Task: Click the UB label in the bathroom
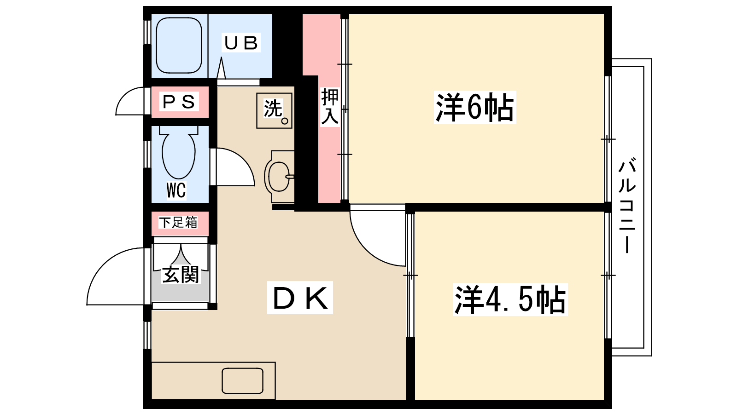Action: click(241, 43)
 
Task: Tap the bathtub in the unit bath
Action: click(179, 45)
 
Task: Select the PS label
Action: click(179, 102)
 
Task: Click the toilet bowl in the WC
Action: click(179, 155)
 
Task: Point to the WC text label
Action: click(176, 190)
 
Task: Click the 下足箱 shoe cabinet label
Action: click(178, 223)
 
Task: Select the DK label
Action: click(300, 298)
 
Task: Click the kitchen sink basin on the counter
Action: click(242, 381)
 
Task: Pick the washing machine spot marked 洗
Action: click(275, 110)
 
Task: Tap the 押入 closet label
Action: click(330, 106)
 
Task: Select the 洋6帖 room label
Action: click(475, 107)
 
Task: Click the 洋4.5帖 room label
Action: click(510, 299)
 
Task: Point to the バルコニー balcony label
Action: click(627, 206)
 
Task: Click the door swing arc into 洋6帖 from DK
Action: click(366, 250)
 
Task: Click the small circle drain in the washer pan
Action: click(285, 121)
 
